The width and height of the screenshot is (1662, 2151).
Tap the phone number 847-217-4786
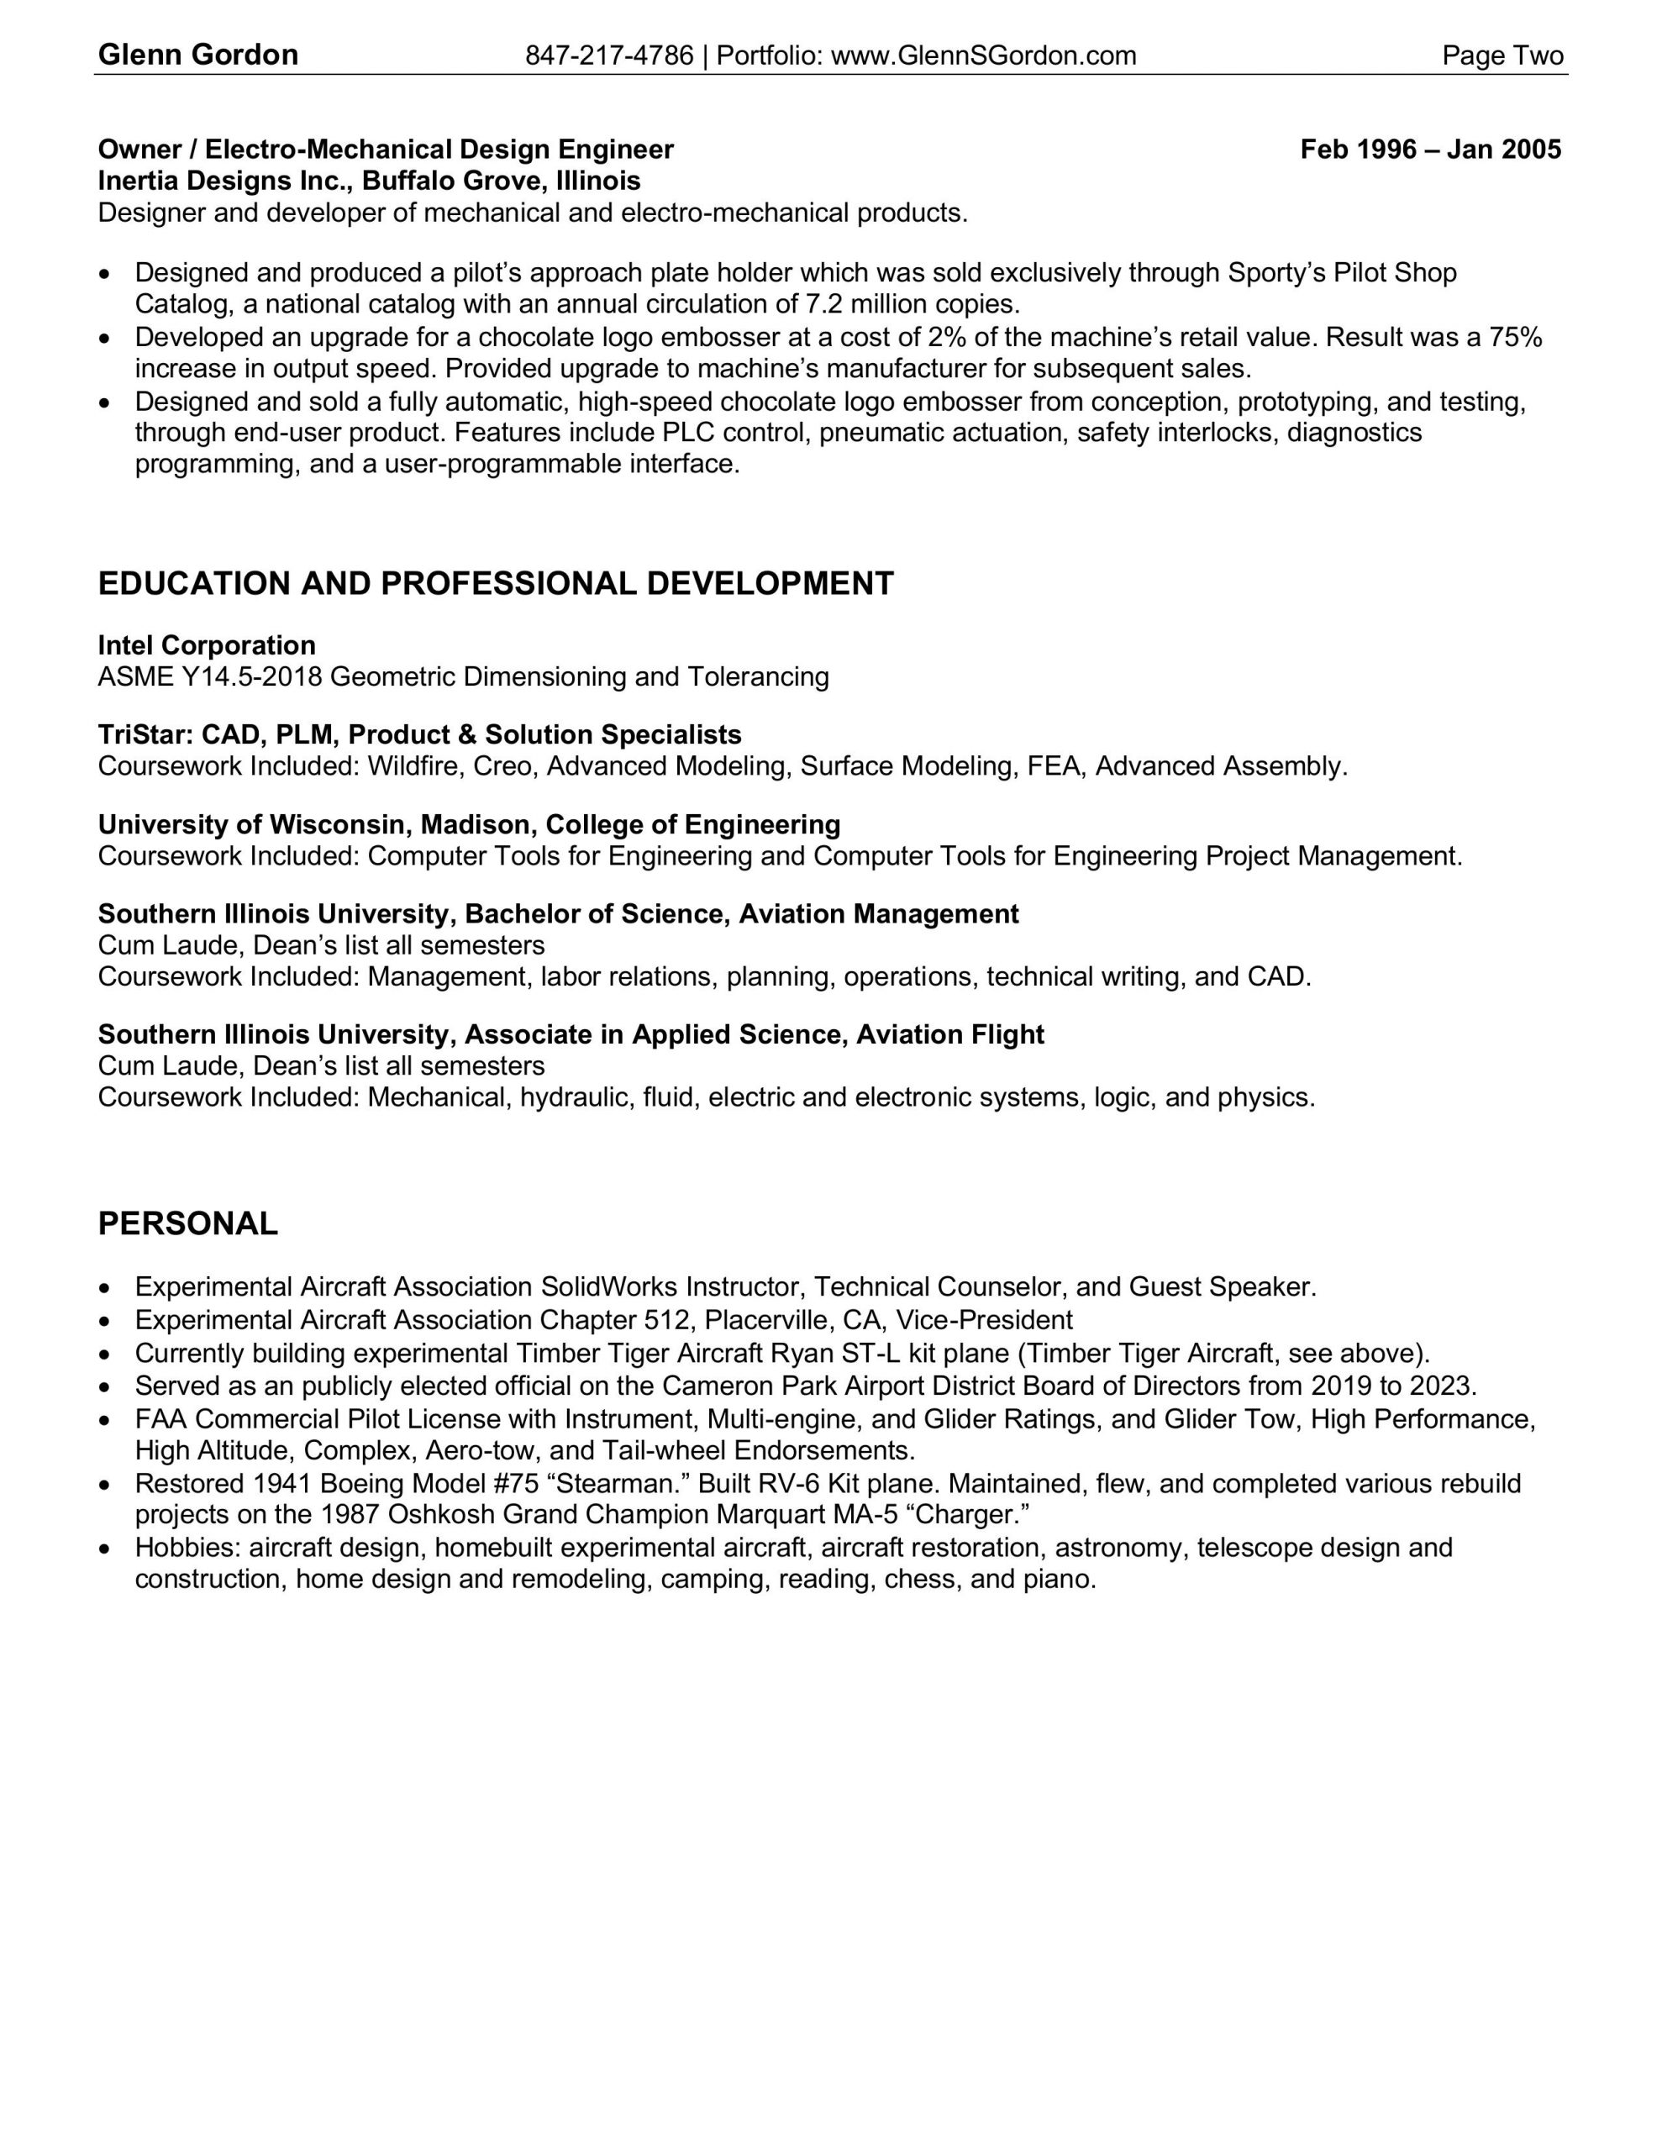609,56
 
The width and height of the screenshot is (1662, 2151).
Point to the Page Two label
1502,56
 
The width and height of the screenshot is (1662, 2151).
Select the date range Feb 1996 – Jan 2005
1429,150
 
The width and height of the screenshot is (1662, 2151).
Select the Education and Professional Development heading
496,584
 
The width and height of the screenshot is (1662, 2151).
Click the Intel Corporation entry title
207,646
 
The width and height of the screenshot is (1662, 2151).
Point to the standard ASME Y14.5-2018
210,677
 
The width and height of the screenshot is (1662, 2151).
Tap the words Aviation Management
879,914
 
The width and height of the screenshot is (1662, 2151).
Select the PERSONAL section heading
188,1224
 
